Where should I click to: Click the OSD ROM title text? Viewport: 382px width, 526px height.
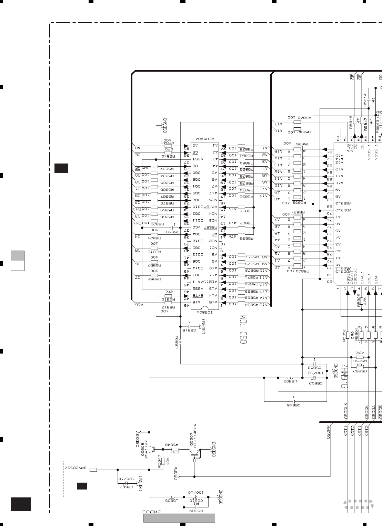(244, 329)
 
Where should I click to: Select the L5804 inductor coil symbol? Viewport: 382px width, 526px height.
(180, 341)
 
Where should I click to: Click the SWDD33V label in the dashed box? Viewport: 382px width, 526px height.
(77, 469)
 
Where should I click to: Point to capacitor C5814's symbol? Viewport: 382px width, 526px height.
(369, 99)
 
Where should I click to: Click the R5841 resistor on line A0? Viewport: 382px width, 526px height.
(169, 146)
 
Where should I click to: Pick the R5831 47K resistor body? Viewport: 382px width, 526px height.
(242, 207)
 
